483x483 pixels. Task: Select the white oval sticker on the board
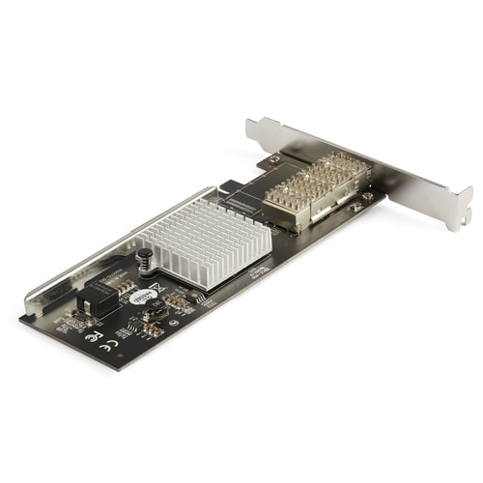click(x=142, y=297)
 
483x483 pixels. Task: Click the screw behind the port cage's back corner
click(x=275, y=158)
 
